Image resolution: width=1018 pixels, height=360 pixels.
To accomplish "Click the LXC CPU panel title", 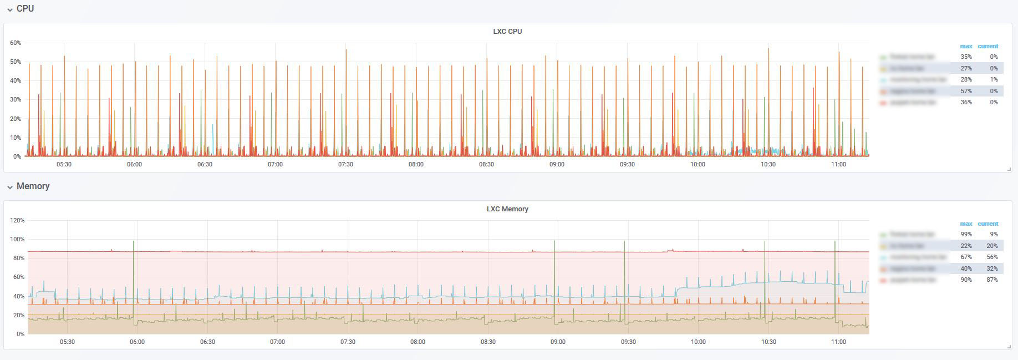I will [x=507, y=32].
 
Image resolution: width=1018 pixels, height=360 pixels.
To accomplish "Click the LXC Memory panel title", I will [x=507, y=209].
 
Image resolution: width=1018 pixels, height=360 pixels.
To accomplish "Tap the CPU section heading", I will [x=25, y=9].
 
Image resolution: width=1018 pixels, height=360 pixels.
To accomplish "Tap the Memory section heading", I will [x=33, y=186].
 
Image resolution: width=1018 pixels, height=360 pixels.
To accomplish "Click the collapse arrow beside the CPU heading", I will [x=10, y=9].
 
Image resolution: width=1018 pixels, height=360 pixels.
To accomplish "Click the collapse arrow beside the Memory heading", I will [x=10, y=187].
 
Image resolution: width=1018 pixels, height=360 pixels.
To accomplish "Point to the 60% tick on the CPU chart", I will [x=16, y=43].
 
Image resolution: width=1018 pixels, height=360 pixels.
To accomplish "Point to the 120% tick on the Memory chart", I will [x=17, y=220].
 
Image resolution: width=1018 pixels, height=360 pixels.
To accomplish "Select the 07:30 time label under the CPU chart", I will [x=345, y=164].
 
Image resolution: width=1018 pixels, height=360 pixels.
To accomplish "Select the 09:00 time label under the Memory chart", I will [x=558, y=342].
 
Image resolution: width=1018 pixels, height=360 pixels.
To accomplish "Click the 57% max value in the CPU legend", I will [x=966, y=91].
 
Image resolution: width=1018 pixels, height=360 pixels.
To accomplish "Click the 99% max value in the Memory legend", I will [x=966, y=235].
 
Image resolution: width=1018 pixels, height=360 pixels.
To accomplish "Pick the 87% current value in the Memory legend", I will [x=992, y=280].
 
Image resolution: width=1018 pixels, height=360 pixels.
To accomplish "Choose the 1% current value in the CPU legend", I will [x=994, y=80].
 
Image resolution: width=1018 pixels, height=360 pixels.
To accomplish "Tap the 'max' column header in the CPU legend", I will [x=966, y=46].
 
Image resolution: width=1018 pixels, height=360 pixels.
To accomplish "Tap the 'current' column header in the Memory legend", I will [x=988, y=224].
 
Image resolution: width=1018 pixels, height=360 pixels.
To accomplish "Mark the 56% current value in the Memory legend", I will [x=992, y=257].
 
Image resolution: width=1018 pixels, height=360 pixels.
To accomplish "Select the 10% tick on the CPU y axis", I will [x=16, y=138].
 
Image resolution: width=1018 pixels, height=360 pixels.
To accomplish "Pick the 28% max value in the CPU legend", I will [x=966, y=80].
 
